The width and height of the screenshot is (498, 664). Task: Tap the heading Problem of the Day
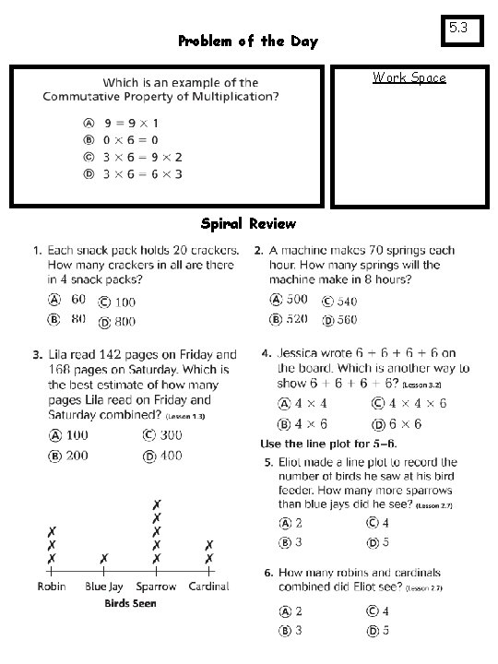click(x=247, y=41)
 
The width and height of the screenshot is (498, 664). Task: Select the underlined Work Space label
click(x=409, y=77)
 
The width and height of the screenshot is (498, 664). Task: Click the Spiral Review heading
click(x=248, y=223)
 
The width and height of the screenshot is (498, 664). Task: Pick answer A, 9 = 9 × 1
click(x=118, y=122)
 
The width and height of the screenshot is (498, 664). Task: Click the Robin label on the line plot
click(x=52, y=587)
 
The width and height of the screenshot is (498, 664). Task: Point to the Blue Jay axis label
click(x=104, y=587)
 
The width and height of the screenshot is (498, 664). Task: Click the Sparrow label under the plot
click(x=157, y=587)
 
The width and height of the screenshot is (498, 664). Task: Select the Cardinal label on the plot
click(x=209, y=587)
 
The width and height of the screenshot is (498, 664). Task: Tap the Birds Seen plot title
click(x=130, y=603)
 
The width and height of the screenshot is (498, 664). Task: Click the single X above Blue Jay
click(x=104, y=559)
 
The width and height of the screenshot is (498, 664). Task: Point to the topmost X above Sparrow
click(x=157, y=504)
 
